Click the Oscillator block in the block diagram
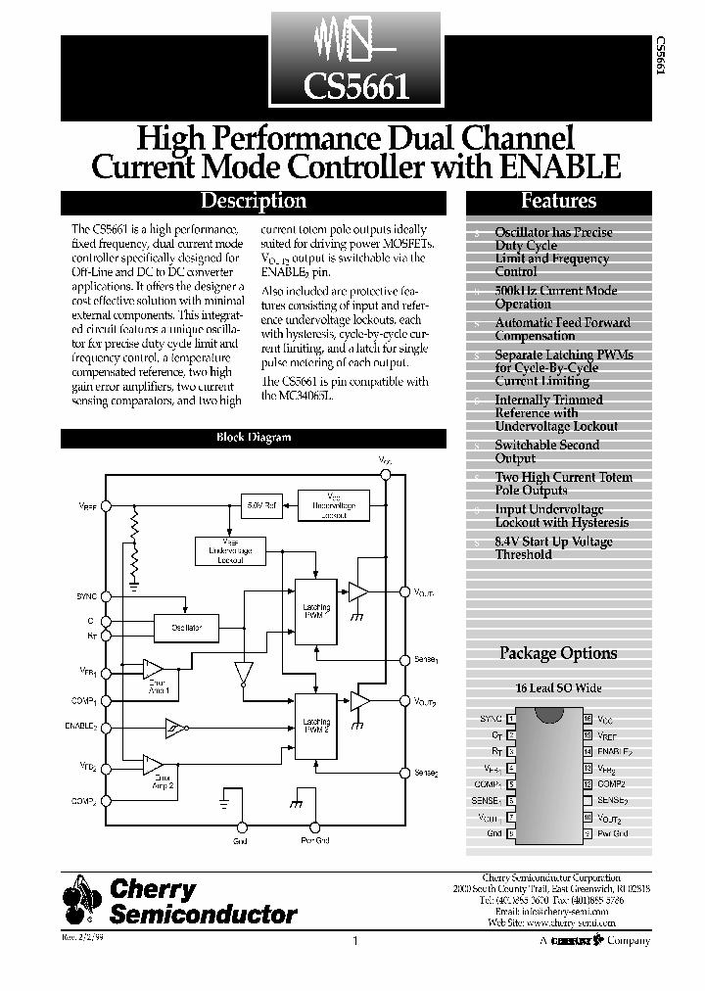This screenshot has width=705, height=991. click(x=186, y=627)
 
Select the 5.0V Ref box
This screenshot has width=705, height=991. click(x=259, y=505)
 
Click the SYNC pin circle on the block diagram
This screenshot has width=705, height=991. click(x=105, y=596)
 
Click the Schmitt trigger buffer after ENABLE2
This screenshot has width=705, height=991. click(x=174, y=727)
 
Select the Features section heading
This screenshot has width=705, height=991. click(x=558, y=202)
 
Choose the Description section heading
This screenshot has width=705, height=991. click(x=253, y=202)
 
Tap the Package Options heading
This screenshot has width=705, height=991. click(x=558, y=653)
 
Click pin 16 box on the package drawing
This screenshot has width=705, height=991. click(x=587, y=719)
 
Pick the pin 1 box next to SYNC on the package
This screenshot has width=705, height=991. click(x=509, y=719)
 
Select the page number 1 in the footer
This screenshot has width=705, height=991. click(x=354, y=941)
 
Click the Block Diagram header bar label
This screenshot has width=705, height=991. click(x=253, y=438)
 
